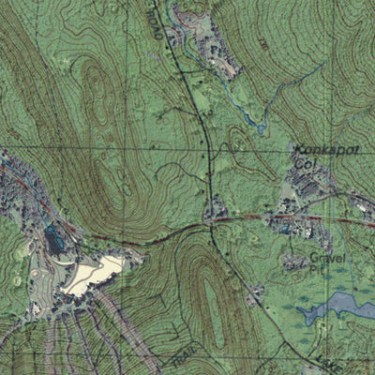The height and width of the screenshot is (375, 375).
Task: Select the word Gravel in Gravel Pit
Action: point(328,257)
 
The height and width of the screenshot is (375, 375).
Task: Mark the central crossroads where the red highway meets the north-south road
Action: point(212,221)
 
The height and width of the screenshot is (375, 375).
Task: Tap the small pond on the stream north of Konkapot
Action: point(247,116)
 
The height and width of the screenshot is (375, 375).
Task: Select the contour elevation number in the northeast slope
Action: point(265,43)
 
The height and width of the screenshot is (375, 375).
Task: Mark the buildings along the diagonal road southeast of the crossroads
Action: point(254,295)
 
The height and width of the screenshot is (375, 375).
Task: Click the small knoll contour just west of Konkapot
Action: point(240,141)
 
